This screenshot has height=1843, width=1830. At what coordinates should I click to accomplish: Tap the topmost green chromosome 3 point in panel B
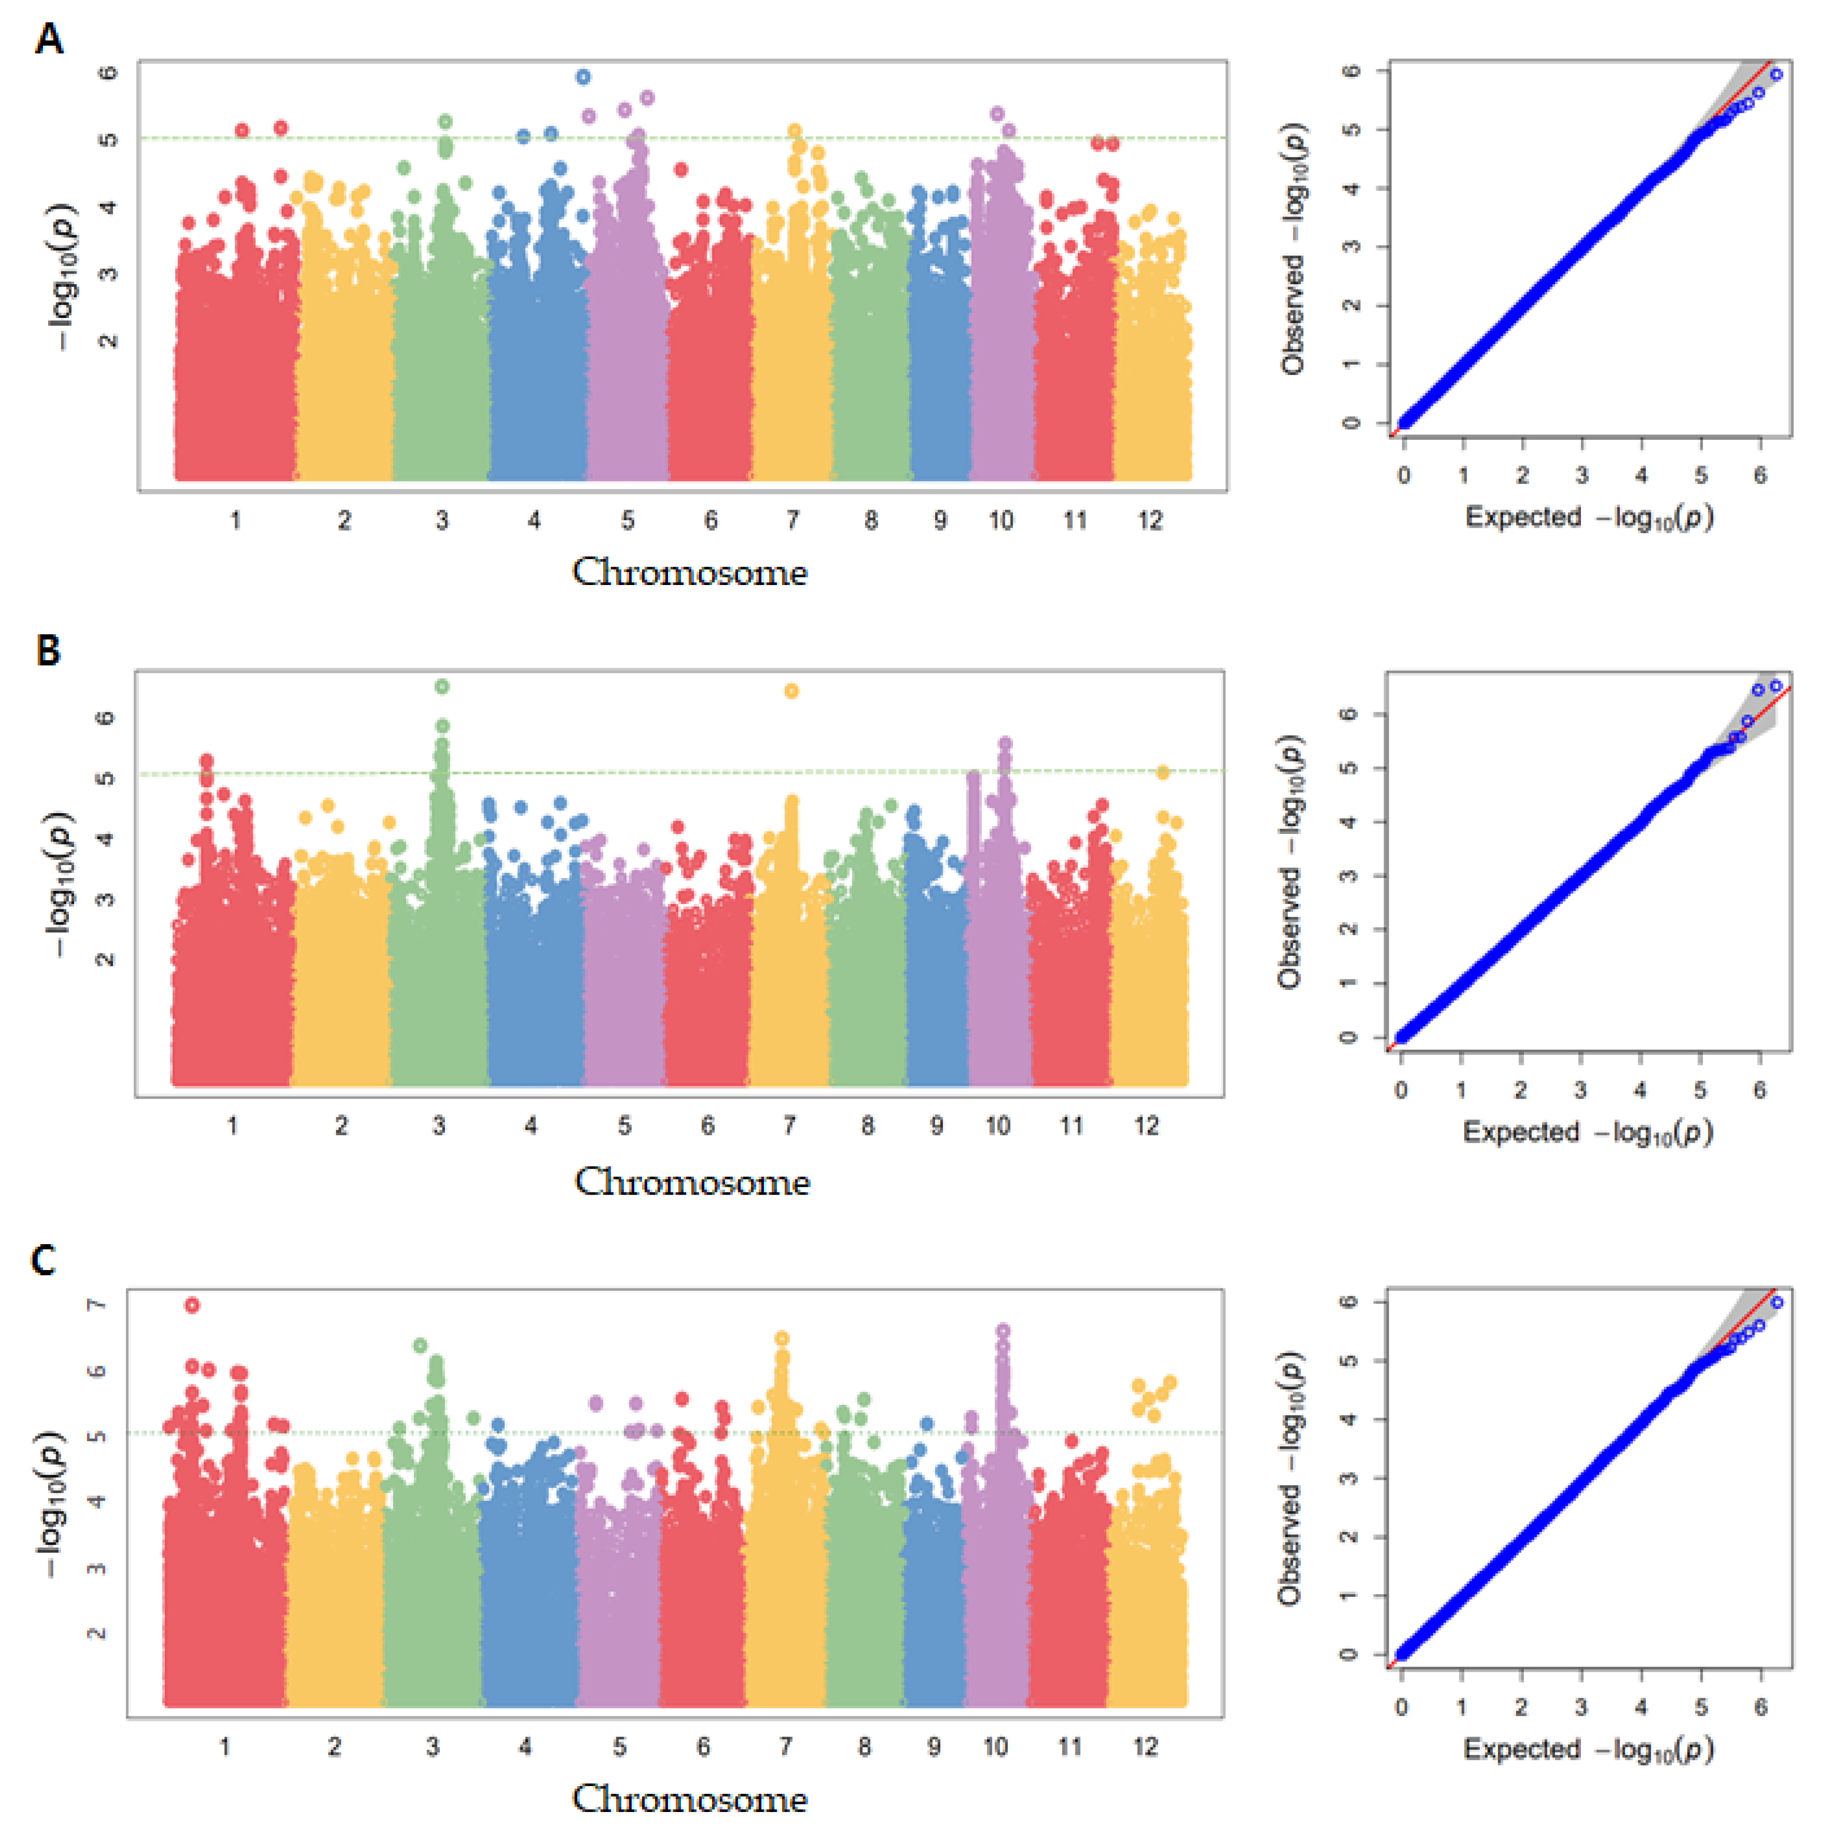(x=442, y=686)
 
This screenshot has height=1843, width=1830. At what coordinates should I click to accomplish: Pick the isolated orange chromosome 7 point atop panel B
(x=791, y=691)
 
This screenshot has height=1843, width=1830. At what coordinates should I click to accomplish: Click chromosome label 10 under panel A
(x=1000, y=521)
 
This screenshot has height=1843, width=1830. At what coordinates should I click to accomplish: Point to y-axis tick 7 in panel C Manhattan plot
(x=96, y=1304)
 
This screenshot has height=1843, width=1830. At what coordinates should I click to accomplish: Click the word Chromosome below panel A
(x=689, y=573)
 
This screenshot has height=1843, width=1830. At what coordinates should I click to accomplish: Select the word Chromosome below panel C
(x=689, y=1799)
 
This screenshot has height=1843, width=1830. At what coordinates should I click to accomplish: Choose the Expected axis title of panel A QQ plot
(x=1589, y=518)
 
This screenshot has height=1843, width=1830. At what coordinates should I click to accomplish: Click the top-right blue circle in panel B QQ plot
(x=1776, y=685)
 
